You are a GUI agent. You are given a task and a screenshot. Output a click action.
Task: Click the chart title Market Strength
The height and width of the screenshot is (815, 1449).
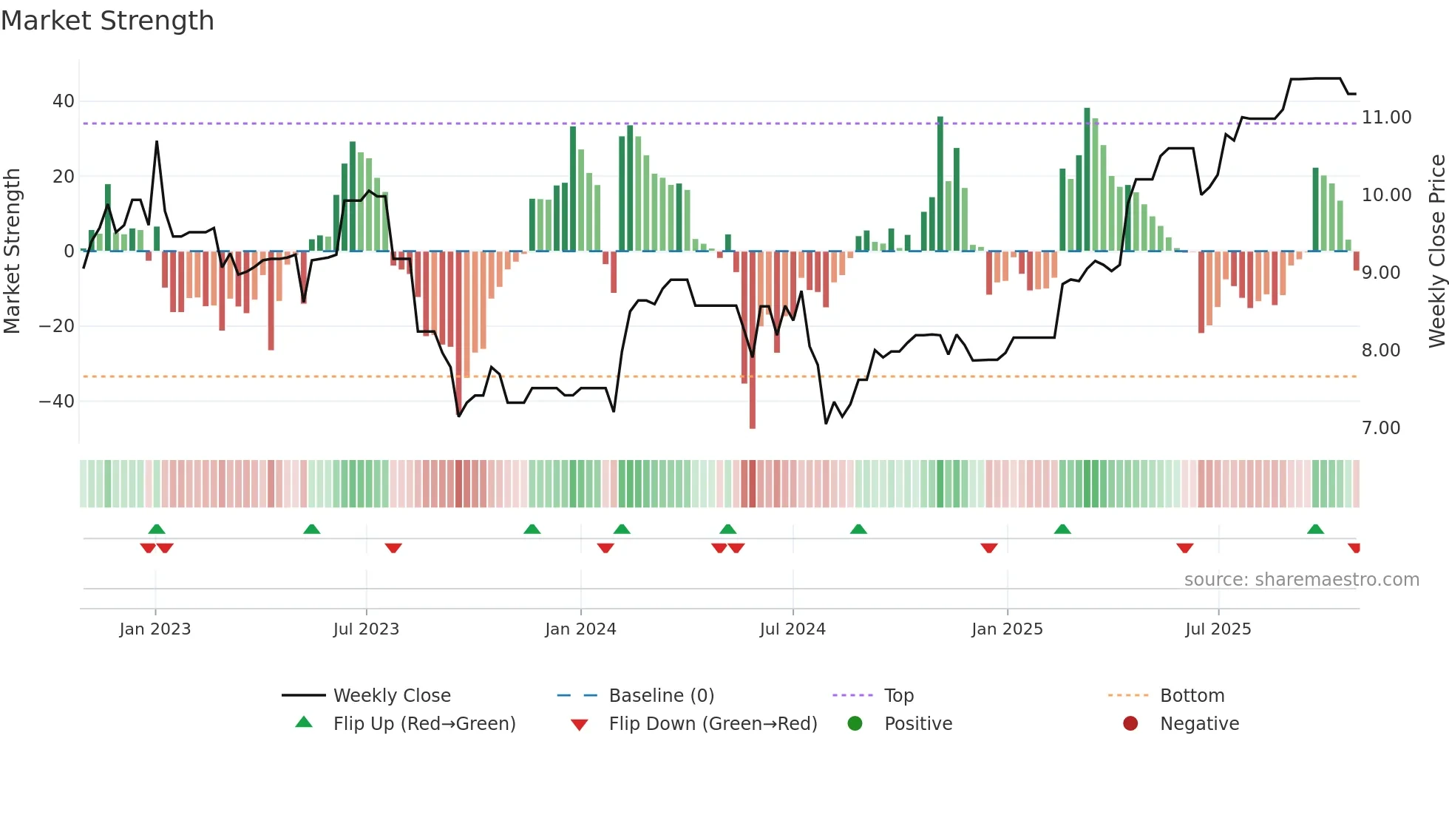107,21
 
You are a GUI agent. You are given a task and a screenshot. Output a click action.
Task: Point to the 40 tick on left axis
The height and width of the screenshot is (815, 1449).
64,101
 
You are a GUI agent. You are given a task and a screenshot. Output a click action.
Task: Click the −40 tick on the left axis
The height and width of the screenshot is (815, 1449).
57,402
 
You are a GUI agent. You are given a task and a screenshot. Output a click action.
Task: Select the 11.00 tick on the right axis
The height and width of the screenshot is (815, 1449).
1386,118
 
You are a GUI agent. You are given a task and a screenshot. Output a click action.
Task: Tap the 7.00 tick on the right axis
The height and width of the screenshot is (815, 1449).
1380,428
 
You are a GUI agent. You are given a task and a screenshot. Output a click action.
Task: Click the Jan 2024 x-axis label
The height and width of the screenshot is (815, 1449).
580,629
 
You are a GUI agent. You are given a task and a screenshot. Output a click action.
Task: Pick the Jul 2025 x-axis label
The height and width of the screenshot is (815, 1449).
1218,629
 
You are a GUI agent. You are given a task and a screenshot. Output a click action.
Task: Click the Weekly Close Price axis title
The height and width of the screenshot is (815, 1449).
1436,251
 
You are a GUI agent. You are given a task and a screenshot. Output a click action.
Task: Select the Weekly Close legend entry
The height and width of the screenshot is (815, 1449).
391,696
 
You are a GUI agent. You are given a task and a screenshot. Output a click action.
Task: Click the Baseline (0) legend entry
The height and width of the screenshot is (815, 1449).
661,696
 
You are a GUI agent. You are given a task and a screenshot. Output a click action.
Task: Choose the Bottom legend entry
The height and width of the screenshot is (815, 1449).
1192,696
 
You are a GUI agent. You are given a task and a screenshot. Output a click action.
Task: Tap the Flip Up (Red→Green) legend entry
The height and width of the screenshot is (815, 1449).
424,724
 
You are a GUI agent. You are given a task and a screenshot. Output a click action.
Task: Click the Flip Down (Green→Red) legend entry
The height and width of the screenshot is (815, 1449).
713,724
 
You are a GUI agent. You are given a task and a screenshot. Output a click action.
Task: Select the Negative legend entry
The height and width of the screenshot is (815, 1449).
1198,724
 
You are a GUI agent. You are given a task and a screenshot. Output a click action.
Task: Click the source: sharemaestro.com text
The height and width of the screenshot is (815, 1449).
1301,580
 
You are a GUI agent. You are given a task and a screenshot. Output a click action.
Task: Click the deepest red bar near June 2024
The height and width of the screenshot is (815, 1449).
753,339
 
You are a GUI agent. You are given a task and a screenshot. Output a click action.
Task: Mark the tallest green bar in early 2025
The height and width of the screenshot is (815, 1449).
1087,180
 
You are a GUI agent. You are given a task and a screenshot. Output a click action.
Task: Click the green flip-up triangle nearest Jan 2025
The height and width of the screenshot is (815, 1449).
1062,530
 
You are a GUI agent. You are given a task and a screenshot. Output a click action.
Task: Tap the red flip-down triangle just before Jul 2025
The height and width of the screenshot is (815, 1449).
1185,548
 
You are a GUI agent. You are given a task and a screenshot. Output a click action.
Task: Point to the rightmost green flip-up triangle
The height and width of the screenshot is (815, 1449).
1315,530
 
